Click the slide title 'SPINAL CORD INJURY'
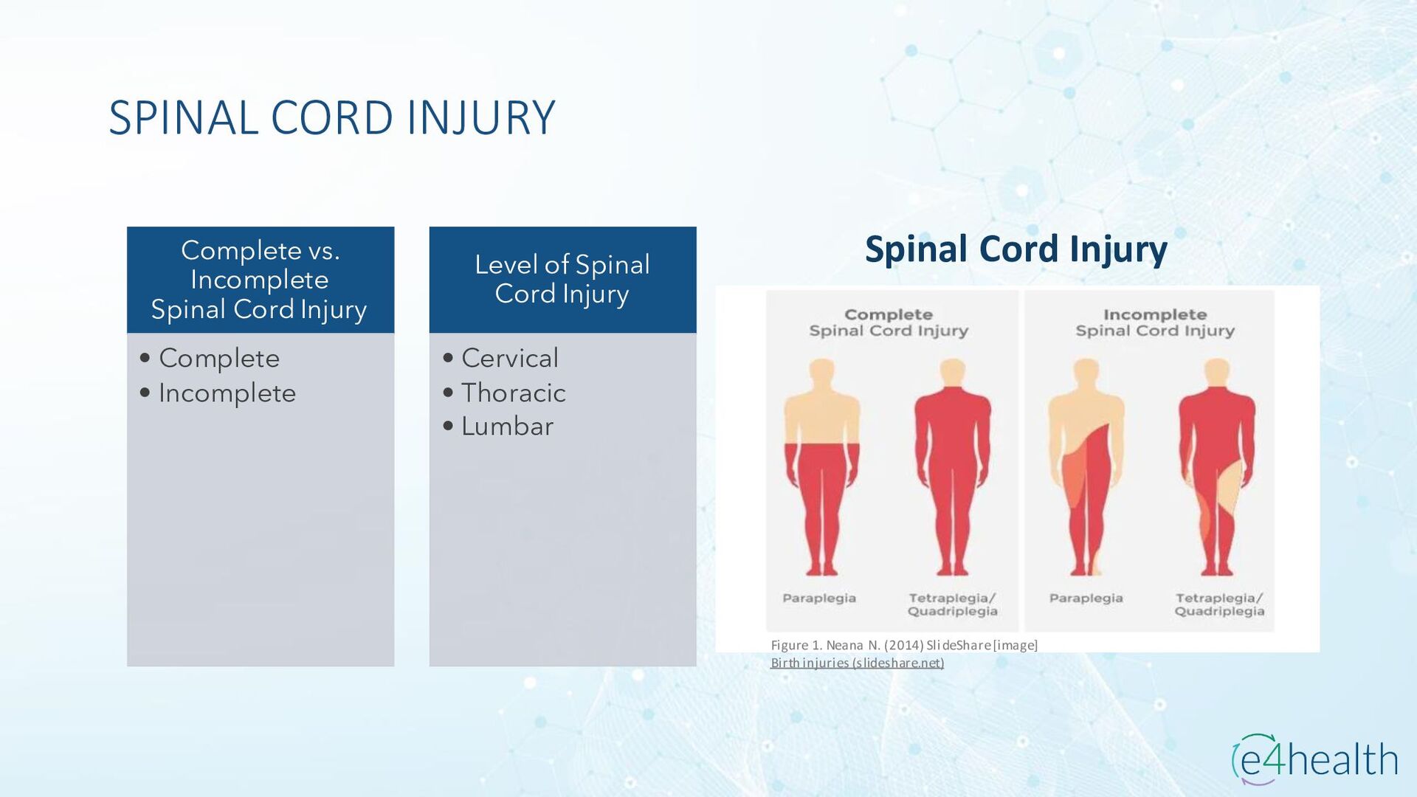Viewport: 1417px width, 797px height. click(332, 118)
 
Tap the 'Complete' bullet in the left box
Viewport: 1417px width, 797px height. click(219, 359)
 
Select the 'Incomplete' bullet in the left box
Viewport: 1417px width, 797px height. click(227, 393)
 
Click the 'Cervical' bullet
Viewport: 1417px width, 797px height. click(509, 359)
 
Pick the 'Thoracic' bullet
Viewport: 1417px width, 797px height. click(513, 393)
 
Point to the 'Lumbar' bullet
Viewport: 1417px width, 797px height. click(507, 427)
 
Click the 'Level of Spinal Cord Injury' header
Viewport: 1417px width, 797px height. click(562, 279)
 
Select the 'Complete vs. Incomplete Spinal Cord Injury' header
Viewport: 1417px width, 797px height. click(260, 280)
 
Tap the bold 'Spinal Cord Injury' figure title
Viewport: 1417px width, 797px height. click(1016, 249)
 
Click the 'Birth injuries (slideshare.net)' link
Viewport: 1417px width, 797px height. click(857, 663)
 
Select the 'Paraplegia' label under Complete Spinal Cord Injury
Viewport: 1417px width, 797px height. click(819, 598)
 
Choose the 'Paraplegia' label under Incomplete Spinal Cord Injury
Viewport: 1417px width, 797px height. click(1086, 598)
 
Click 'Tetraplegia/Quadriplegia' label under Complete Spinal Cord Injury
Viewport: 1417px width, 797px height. click(952, 604)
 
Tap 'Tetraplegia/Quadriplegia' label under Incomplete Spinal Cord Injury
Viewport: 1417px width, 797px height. click(1219, 604)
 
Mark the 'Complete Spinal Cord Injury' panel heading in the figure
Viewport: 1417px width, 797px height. click(889, 323)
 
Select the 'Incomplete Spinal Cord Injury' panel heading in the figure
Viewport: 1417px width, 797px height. click(1155, 323)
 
